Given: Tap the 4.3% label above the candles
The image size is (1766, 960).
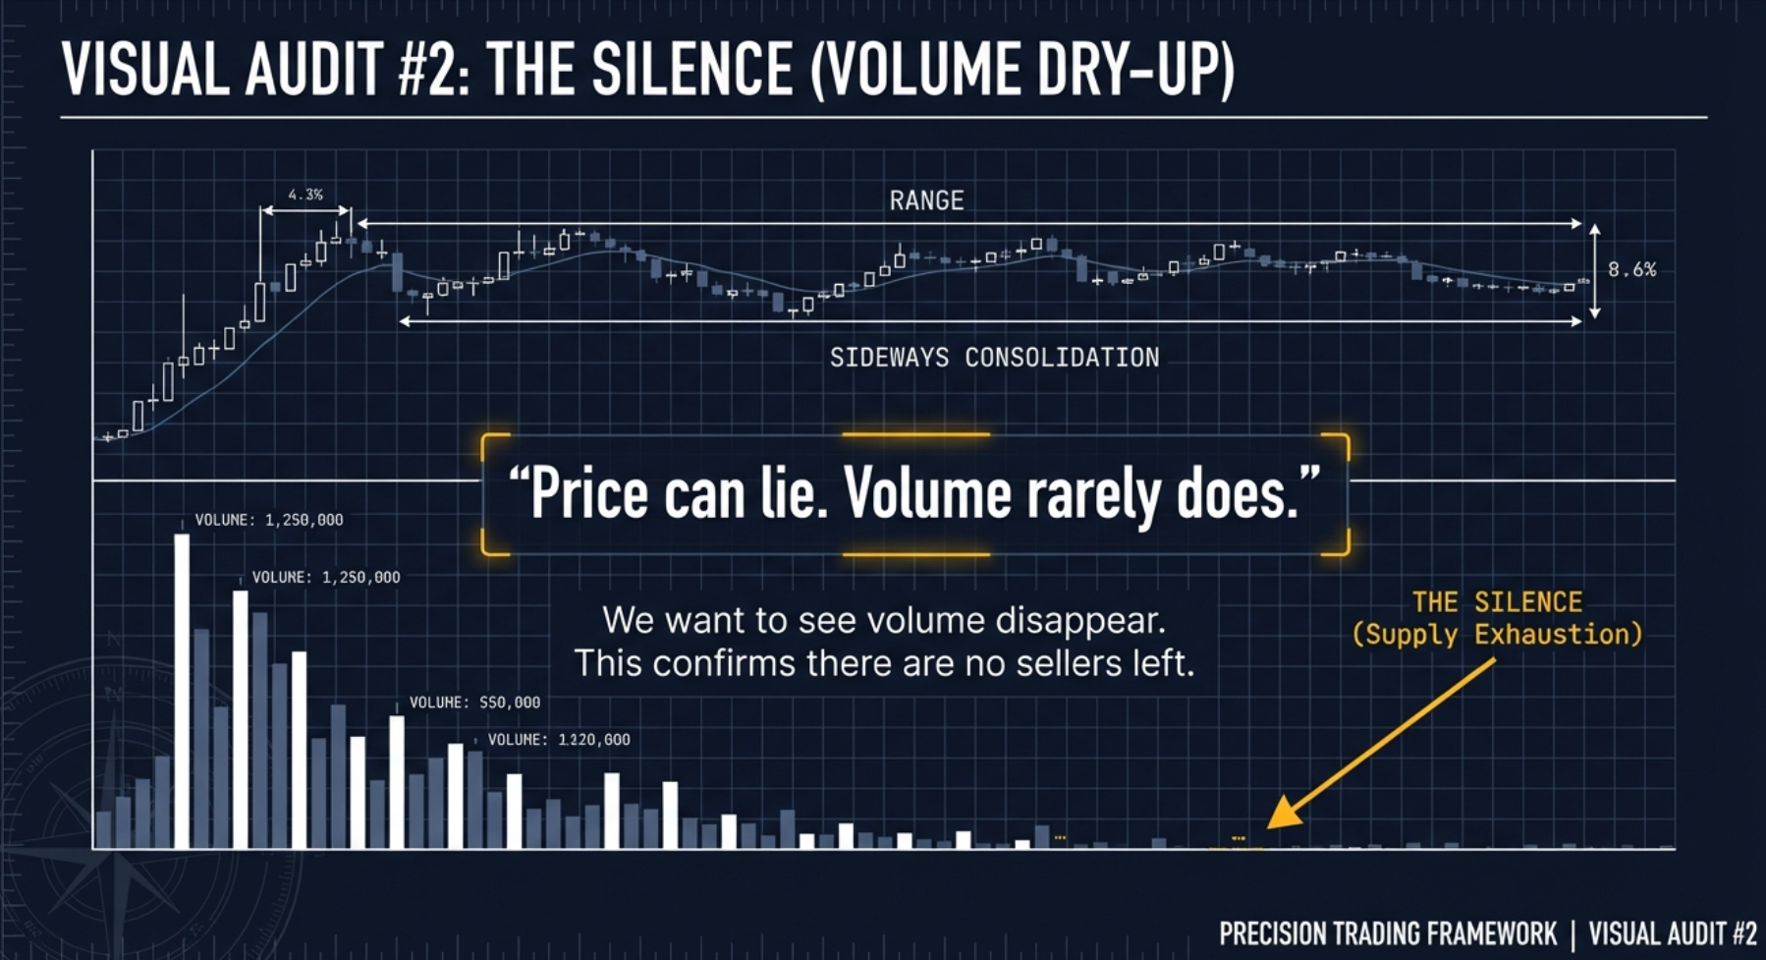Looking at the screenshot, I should click(305, 195).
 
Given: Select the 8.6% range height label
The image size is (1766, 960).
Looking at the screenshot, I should click(1631, 269).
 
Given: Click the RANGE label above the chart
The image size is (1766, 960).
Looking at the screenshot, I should click(926, 201).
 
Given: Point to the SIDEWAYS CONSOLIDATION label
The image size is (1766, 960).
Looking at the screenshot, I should click(994, 358).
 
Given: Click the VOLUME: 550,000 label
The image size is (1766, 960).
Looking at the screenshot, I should click(474, 703).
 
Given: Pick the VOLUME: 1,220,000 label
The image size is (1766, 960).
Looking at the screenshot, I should click(559, 740).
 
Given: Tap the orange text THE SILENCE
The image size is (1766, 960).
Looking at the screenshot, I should click(1497, 602).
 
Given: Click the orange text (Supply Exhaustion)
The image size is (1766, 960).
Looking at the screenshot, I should click(1497, 635).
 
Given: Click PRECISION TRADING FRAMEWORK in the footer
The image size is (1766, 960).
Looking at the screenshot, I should click(1388, 933).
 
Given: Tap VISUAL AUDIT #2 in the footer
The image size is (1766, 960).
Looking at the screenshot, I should click(1673, 933).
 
